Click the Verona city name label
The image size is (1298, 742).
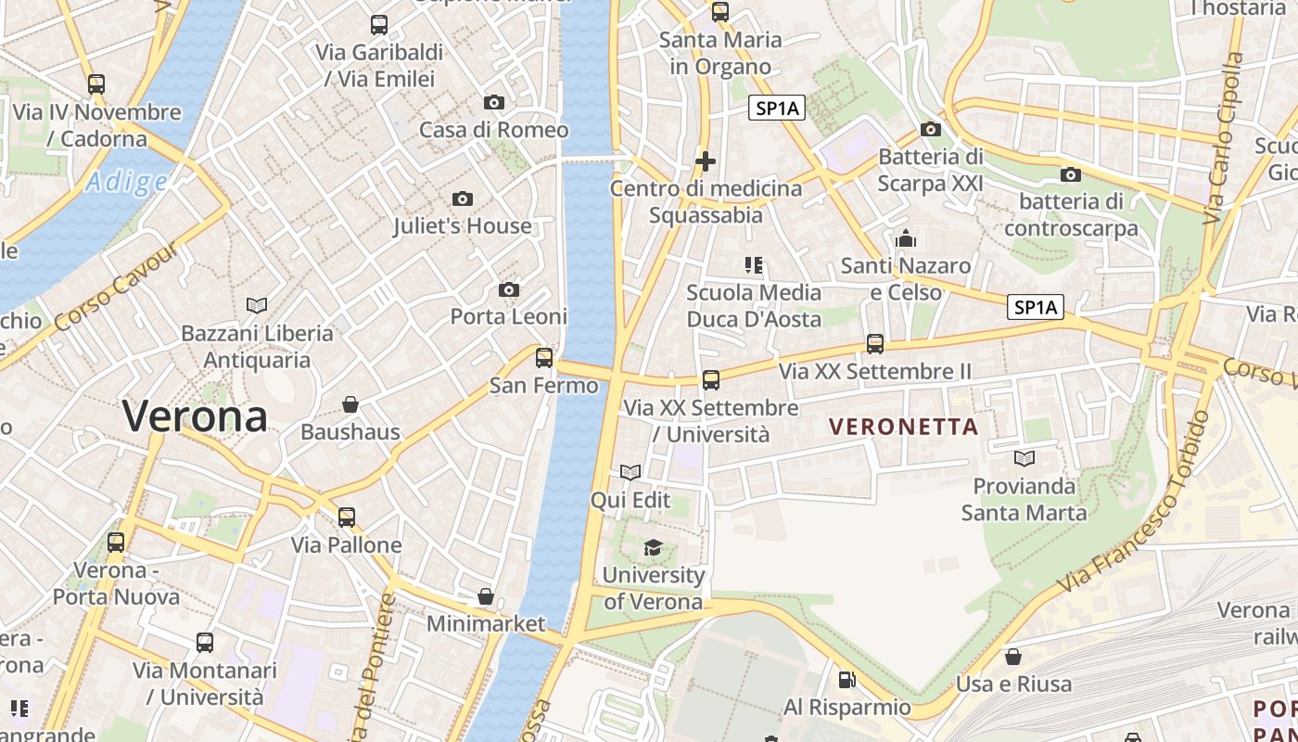pos(195,416)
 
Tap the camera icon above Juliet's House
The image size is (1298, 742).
pos(462,198)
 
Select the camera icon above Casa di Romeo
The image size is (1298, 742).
pos(494,102)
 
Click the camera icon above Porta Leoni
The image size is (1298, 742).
pos(508,290)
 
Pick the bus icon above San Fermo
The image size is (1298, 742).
pos(544,357)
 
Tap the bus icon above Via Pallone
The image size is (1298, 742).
pos(347,517)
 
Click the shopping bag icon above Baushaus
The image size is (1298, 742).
pos(350,404)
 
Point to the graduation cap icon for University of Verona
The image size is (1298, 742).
pos(654,547)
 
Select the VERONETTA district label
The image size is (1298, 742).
pos(904,427)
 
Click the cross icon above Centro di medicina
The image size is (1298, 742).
pos(706,161)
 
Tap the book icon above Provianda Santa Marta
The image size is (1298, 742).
pos(1024,458)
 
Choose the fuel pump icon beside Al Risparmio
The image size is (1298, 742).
pos(846,680)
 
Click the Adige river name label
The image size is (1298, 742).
pos(127,182)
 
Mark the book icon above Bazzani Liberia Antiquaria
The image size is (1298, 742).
pos(257,305)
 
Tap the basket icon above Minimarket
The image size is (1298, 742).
pos(486,596)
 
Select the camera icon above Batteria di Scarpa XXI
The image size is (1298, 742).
pos(931,129)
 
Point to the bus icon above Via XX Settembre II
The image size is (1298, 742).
pos(875,344)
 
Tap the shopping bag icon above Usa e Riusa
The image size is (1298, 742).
pos(1013,657)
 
